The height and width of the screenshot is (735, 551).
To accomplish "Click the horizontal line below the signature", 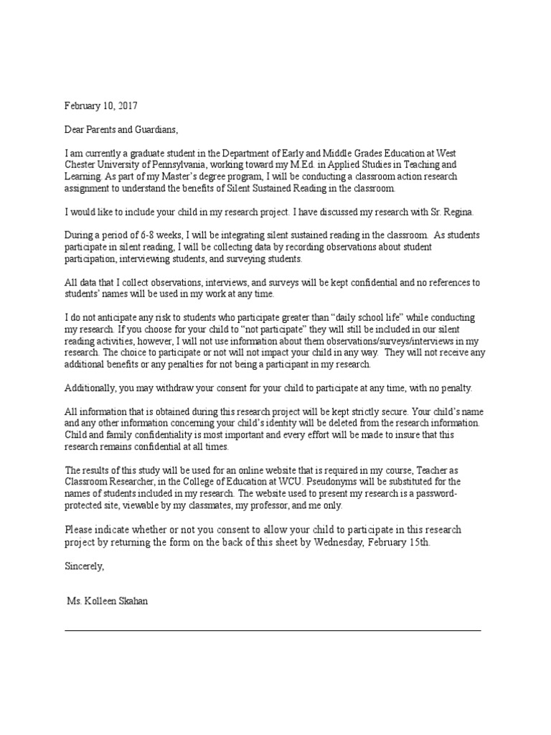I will tap(273, 630).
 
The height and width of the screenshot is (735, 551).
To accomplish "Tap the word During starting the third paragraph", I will tap(80, 235).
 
